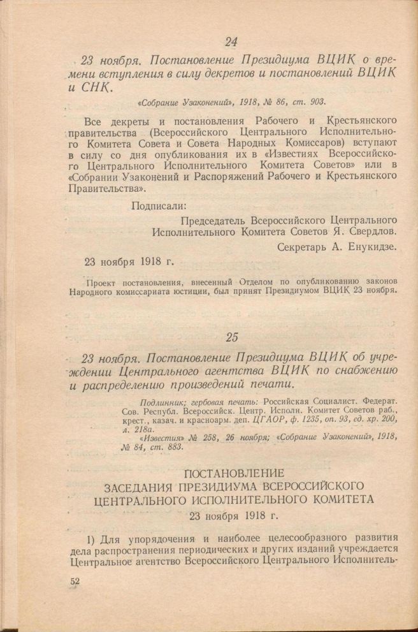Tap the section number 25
point(231,336)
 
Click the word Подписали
point(159,205)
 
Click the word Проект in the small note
point(103,281)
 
